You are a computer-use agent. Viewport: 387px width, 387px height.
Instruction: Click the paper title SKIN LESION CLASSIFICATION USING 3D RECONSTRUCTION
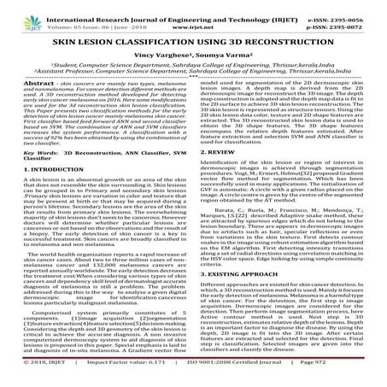193,39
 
